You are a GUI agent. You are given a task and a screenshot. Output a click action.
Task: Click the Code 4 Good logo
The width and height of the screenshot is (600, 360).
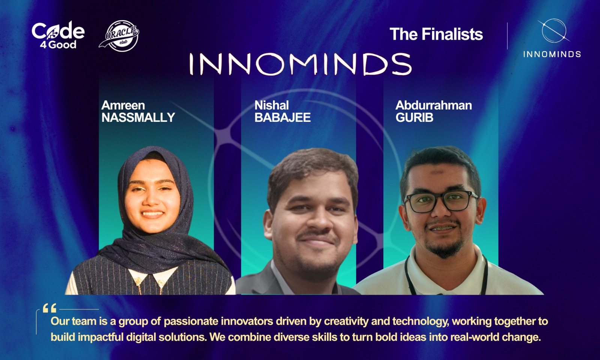(58, 35)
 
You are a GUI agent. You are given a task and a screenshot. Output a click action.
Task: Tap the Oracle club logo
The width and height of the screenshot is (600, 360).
(119, 36)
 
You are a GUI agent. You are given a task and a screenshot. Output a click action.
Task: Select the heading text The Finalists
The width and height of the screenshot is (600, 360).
(436, 34)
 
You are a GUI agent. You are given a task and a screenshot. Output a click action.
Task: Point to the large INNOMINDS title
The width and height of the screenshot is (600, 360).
(300, 64)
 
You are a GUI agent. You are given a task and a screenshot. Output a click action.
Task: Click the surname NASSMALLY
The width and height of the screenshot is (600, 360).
(138, 118)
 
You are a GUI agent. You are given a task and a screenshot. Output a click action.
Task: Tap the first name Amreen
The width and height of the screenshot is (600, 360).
(123, 105)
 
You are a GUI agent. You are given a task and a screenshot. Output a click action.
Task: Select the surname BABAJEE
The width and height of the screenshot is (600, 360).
(283, 118)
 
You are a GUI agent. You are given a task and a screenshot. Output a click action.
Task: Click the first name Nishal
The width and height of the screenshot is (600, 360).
(271, 105)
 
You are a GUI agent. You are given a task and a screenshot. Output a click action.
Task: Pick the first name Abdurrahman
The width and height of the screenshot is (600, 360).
(433, 105)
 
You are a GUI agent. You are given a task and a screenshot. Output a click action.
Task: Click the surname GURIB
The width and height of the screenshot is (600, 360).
(414, 118)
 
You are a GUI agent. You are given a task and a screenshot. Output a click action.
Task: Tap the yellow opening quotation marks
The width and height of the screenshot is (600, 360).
(49, 308)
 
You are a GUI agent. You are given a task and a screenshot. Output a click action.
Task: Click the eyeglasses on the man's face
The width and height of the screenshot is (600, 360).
(441, 201)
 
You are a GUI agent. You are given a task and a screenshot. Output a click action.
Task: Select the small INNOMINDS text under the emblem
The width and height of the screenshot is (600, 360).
(552, 54)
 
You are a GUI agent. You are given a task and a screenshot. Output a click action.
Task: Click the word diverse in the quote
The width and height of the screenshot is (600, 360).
(291, 337)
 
